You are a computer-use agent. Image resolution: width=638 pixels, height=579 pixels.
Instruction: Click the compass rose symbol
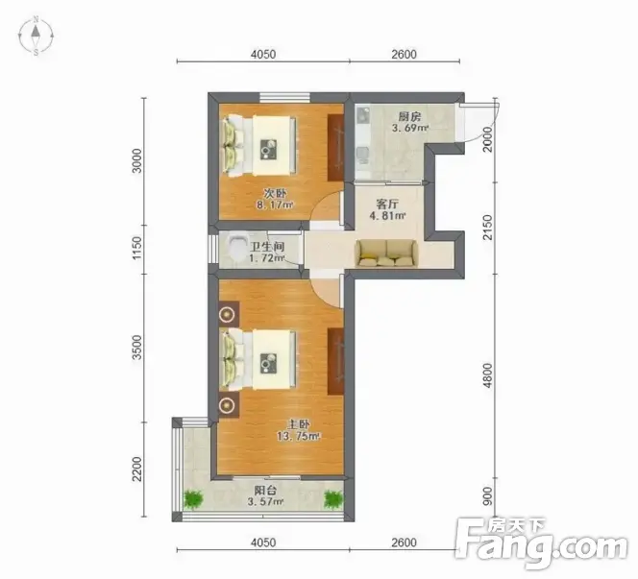pos(36,36)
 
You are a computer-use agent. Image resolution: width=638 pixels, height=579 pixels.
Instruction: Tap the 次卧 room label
pos(275,193)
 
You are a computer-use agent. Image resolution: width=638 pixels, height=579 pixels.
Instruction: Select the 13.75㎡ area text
pos(299,437)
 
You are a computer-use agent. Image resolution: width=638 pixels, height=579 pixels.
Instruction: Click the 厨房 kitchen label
pos(409,117)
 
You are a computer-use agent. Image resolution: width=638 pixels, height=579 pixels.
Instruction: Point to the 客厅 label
pos(387,204)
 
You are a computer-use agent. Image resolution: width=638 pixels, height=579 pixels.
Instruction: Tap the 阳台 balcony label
pos(265,491)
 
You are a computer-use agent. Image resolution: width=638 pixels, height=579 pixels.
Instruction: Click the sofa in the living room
pos(385,253)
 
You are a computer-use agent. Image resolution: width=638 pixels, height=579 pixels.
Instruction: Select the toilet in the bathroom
pos(235,248)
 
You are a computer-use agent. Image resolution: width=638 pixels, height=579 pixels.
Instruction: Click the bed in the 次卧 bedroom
pos(258,146)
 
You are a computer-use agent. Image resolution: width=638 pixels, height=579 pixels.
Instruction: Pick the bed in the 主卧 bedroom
pos(258,360)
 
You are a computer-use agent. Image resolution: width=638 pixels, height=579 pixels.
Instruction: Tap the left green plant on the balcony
pos(193,499)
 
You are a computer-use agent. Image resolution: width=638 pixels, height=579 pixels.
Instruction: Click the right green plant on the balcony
pos(333,499)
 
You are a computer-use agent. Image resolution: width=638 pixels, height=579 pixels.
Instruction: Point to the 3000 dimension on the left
pos(137,161)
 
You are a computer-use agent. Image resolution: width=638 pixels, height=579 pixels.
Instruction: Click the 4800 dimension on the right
pos(487,375)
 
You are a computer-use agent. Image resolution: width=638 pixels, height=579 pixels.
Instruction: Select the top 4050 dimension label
pos(263,54)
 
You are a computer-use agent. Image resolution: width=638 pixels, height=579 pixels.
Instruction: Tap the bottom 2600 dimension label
pos(405,543)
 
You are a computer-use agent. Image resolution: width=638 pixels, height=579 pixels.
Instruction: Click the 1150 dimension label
pos(137,248)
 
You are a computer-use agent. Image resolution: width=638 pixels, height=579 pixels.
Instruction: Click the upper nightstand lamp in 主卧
pos(227,314)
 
